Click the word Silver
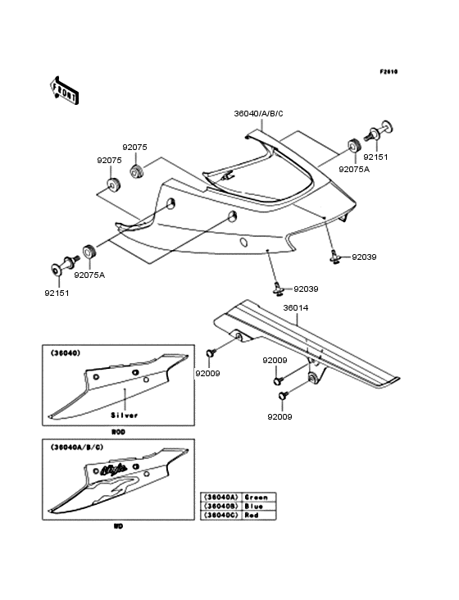125,415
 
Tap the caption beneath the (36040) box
118,430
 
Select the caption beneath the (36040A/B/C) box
118,525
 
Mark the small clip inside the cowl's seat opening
227,175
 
